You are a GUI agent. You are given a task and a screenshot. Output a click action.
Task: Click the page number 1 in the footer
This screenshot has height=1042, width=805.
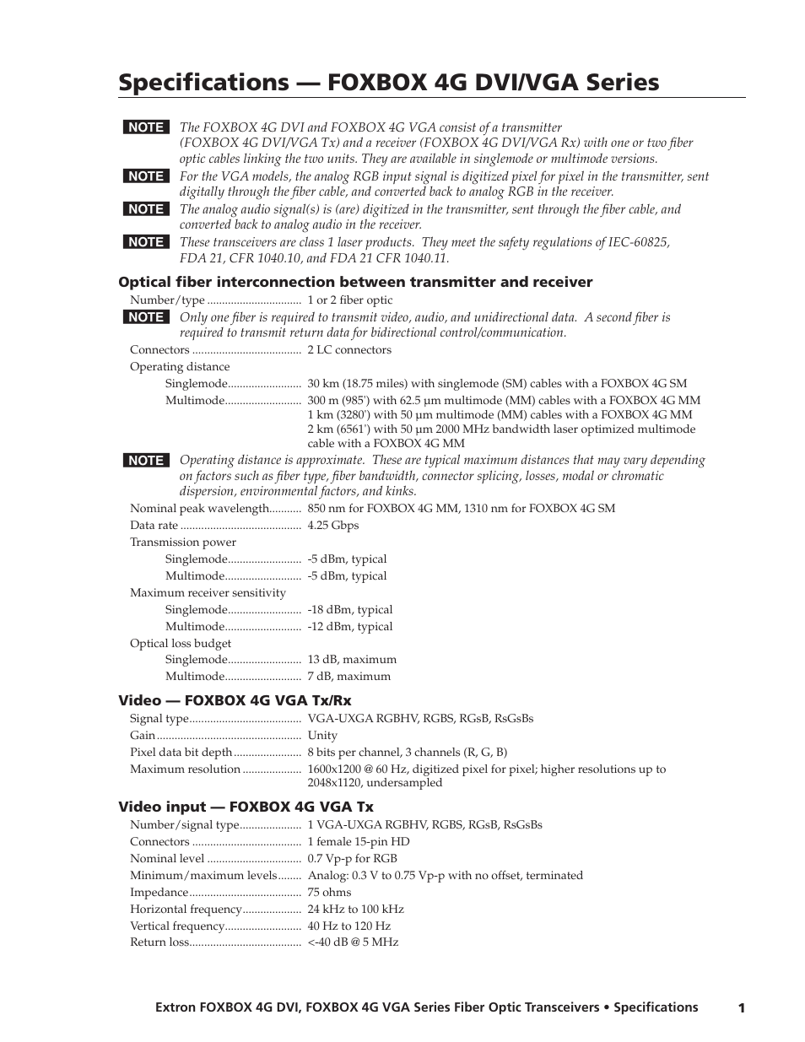click(741, 1007)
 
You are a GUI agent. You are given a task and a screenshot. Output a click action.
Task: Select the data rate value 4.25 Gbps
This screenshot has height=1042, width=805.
click(332, 525)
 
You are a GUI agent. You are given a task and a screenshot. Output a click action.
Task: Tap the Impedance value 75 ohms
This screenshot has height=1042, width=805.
click(329, 892)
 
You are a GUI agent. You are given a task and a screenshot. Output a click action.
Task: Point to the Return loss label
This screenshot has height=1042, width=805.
click(159, 942)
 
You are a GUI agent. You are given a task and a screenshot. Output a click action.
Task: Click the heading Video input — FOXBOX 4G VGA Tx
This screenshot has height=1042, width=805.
click(246, 807)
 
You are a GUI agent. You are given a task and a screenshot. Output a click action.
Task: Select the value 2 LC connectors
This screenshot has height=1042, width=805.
click(349, 349)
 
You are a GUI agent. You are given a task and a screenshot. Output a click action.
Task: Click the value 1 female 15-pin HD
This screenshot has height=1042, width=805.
click(358, 841)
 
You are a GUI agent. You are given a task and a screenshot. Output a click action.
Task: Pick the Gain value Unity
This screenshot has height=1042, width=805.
click(322, 735)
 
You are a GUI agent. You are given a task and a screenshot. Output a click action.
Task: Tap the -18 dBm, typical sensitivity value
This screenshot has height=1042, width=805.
click(349, 609)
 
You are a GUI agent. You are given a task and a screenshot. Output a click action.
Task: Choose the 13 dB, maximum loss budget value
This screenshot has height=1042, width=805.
click(351, 659)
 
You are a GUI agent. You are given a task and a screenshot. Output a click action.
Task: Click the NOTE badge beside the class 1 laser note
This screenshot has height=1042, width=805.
click(146, 242)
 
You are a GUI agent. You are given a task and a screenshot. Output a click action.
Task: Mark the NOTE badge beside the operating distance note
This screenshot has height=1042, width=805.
click(146, 461)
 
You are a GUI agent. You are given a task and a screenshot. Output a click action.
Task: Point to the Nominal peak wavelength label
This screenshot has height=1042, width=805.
click(199, 508)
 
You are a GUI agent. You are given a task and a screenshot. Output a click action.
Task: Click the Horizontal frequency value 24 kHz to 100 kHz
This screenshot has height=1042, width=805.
click(355, 909)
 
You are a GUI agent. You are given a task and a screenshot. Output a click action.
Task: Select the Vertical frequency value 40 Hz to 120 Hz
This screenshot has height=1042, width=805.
click(348, 926)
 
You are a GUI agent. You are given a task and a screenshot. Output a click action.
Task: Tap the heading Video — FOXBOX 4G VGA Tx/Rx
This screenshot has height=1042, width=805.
click(235, 700)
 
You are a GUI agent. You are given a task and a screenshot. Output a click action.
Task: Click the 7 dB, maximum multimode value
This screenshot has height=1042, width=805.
click(348, 676)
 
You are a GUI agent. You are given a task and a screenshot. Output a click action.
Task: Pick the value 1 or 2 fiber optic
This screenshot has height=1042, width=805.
click(349, 300)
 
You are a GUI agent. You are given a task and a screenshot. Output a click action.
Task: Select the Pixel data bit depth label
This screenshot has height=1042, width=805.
click(181, 752)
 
